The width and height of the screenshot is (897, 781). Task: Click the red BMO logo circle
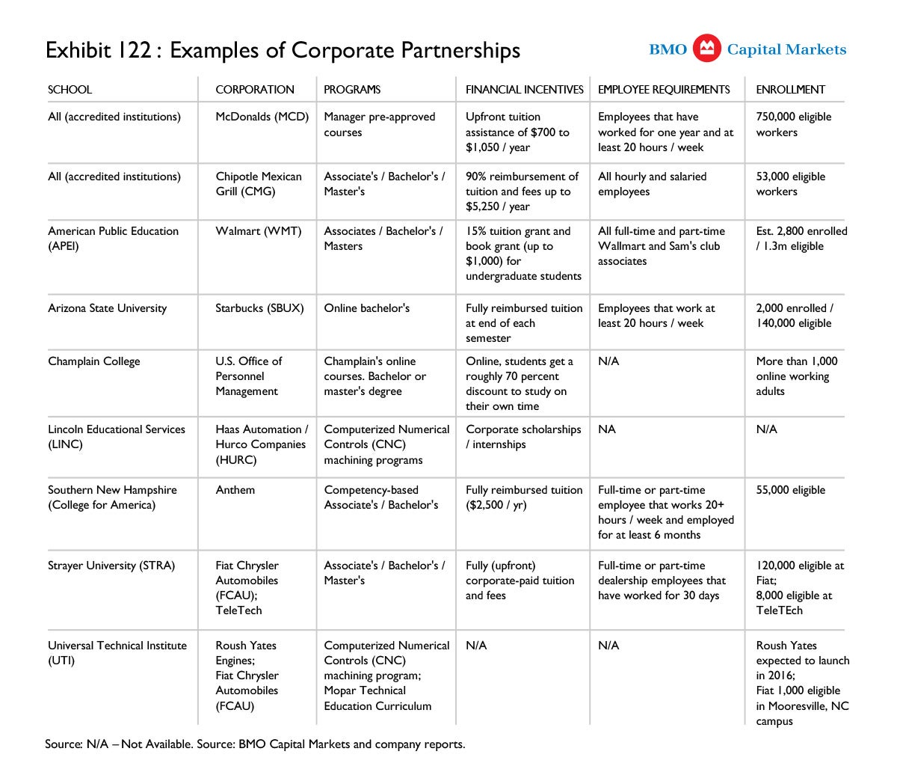point(706,49)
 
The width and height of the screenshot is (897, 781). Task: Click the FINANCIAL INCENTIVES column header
point(524,90)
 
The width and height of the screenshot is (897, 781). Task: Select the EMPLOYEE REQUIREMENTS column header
point(664,90)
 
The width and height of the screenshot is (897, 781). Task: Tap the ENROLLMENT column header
point(790,90)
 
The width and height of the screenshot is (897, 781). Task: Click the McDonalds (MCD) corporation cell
point(262,117)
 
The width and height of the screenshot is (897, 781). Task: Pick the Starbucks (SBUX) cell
point(259,308)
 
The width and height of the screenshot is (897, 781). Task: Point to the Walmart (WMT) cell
point(258,231)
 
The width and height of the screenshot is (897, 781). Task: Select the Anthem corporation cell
point(235,490)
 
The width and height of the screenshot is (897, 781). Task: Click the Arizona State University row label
point(108,308)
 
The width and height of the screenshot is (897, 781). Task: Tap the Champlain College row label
point(94,361)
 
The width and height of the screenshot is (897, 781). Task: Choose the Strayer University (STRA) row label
point(111,566)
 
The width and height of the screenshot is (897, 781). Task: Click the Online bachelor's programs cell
point(366,308)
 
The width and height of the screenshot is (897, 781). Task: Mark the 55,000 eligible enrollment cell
point(790,490)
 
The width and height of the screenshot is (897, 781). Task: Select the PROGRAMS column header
point(352,90)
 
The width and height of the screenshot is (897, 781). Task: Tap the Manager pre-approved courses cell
point(379,125)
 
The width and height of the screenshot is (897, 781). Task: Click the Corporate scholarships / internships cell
point(523,437)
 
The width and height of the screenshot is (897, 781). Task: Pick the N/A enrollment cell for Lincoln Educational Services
point(766,429)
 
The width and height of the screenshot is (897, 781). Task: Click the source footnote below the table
point(255,744)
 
